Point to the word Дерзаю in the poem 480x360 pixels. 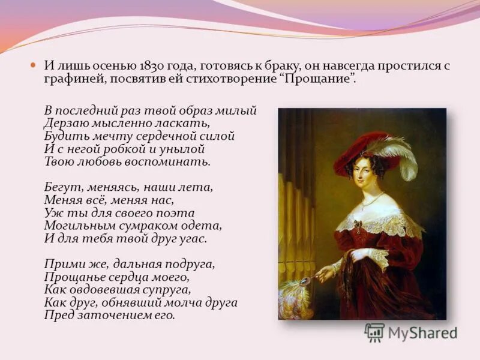62,124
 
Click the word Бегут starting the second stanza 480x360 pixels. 59,187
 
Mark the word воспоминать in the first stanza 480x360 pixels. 175,161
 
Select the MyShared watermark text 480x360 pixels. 422,334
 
